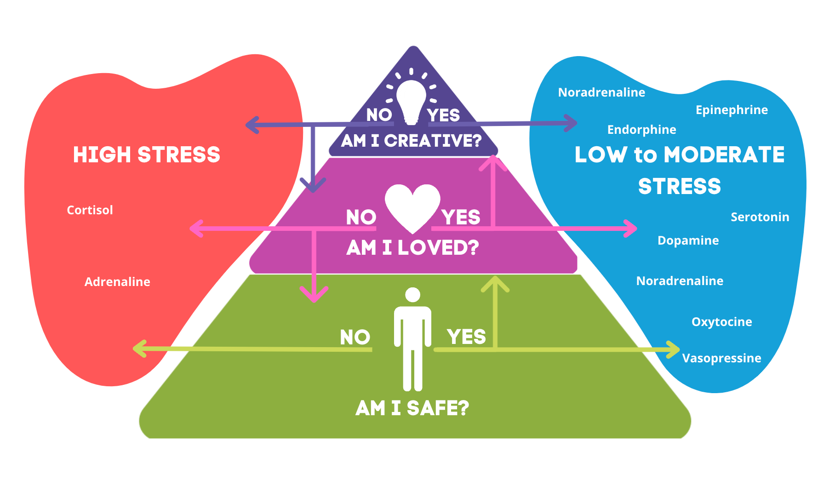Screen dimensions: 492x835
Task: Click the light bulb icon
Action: [x=412, y=100]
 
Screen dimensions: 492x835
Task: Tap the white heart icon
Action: [x=412, y=207]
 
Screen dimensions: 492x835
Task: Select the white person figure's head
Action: [x=412, y=295]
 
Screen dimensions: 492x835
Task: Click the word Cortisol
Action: [x=90, y=210]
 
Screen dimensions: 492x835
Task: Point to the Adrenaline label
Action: [x=117, y=282]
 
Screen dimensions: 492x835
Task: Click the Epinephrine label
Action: [x=732, y=110]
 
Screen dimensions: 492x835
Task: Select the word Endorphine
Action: [x=641, y=130]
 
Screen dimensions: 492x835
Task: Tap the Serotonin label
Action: [x=760, y=217]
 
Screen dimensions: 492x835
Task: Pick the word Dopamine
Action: [x=688, y=240]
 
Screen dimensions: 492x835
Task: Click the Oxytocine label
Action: [x=721, y=322]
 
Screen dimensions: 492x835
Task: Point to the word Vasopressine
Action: [x=721, y=358]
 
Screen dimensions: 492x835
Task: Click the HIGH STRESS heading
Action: [x=147, y=154]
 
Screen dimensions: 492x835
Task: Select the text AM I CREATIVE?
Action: [x=411, y=141]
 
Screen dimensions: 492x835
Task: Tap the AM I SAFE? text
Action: [x=412, y=408]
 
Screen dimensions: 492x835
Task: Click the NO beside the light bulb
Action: [x=379, y=115]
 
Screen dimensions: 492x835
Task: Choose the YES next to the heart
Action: [x=461, y=217]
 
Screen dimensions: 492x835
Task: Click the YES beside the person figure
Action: [x=466, y=337]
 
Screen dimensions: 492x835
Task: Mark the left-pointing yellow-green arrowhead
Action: [x=139, y=349]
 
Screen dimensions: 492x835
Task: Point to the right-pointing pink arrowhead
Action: [x=631, y=228]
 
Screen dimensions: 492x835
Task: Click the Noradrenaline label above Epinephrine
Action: [x=601, y=92]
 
